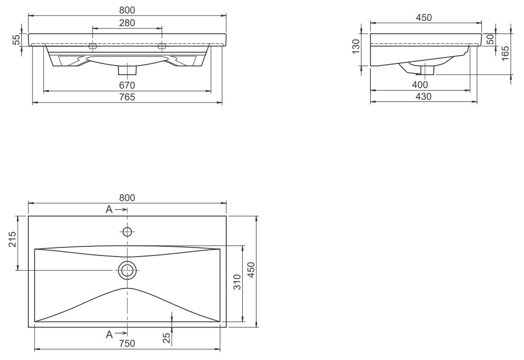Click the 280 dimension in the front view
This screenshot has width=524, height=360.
coord(127,23)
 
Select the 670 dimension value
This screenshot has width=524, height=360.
coord(127,85)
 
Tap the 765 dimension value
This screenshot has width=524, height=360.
coord(127,97)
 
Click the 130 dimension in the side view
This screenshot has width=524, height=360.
coord(356,46)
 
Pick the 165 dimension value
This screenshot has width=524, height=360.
coord(505,53)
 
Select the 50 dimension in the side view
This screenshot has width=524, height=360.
coord(490,39)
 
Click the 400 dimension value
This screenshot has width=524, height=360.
coord(419,85)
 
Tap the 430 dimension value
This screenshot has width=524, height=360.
coord(423,97)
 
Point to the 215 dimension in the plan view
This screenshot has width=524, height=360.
coord(12,239)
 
